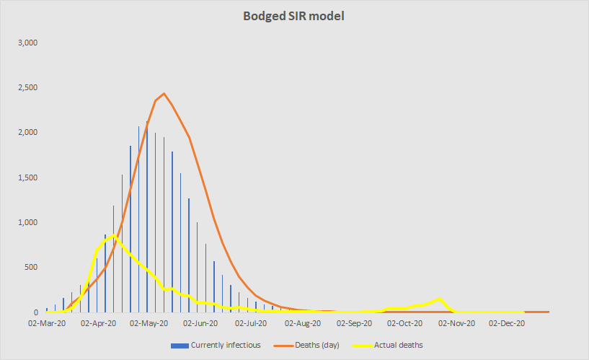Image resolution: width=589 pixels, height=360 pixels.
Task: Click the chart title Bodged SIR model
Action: [294, 16]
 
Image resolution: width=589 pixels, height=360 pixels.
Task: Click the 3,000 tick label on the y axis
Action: [26, 43]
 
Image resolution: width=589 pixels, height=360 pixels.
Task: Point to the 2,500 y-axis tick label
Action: [26, 88]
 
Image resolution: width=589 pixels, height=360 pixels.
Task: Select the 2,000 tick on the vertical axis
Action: [26, 133]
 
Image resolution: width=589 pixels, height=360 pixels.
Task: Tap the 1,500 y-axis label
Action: [26, 177]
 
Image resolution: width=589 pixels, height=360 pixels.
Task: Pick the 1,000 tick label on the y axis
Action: [26, 223]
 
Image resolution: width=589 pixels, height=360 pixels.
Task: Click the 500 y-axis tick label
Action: [30, 268]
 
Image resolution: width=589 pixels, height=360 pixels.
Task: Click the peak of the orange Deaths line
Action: [164, 94]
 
